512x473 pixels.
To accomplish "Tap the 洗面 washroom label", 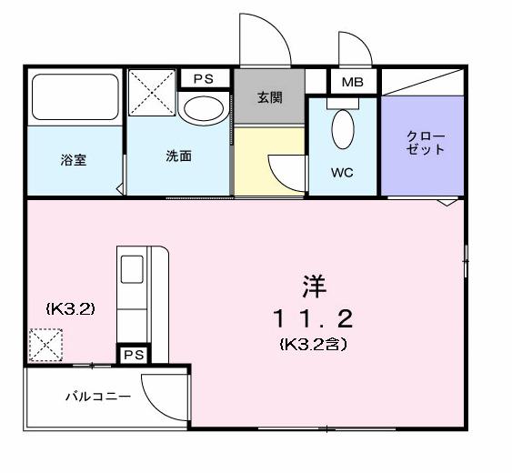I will pyautogui.click(x=178, y=156).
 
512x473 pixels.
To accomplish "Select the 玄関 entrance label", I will pyautogui.click(x=270, y=97).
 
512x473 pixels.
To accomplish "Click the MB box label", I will pyautogui.click(x=351, y=83).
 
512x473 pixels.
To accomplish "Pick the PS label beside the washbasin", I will pyautogui.click(x=203, y=79).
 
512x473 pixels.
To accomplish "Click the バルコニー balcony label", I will pyautogui.click(x=97, y=397).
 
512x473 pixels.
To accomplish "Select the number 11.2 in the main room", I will pyautogui.click(x=312, y=318).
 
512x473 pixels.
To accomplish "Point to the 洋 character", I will pyautogui.click(x=311, y=284).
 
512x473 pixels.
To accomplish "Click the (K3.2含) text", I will pyautogui.click(x=312, y=345).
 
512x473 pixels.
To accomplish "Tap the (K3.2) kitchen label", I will pyautogui.click(x=70, y=308).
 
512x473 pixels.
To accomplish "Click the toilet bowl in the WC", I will pyautogui.click(x=342, y=130).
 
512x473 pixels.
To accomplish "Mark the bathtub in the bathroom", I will pyautogui.click(x=75, y=97).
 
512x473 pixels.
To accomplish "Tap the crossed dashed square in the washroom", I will pyautogui.click(x=151, y=92).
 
